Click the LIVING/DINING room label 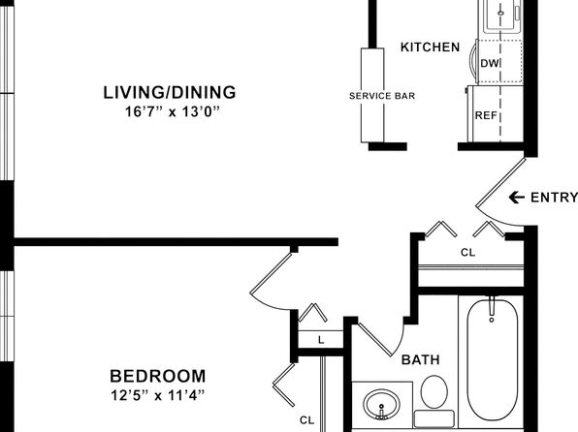170,92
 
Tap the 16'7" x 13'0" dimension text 173,111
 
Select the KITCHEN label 431,47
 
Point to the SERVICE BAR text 382,96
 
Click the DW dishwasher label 489,63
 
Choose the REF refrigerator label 486,115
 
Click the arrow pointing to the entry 517,198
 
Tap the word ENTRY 554,198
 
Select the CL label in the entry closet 468,253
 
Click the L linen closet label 321,340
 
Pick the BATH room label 421,359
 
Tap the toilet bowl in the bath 434,392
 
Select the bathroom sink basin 381,404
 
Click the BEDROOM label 158,377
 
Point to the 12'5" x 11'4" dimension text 157,395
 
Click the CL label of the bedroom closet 307,419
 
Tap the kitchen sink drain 500,13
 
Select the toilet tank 434,419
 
